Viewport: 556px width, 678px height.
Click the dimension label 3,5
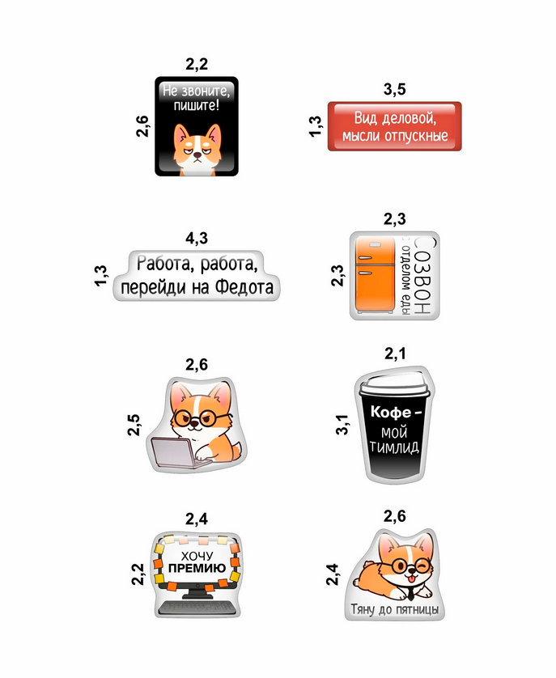pyautogui.click(x=394, y=90)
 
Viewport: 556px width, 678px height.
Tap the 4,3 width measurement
pyautogui.click(x=197, y=238)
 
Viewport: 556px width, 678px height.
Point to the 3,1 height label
pyautogui.click(x=342, y=424)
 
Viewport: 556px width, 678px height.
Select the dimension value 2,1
pyautogui.click(x=395, y=354)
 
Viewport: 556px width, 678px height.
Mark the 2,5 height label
pyautogui.click(x=134, y=425)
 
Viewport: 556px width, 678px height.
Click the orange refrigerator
pyautogui.click(x=376, y=275)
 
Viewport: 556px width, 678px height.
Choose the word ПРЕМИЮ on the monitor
pyautogui.click(x=197, y=568)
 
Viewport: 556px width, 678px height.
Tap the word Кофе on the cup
pyautogui.click(x=391, y=412)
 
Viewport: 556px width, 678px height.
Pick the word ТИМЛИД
pyautogui.click(x=394, y=447)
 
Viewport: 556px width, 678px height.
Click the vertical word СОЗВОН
pyautogui.click(x=422, y=276)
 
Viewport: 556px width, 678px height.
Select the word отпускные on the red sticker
pyautogui.click(x=416, y=136)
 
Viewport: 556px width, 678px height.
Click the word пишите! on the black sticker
pyautogui.click(x=197, y=104)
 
